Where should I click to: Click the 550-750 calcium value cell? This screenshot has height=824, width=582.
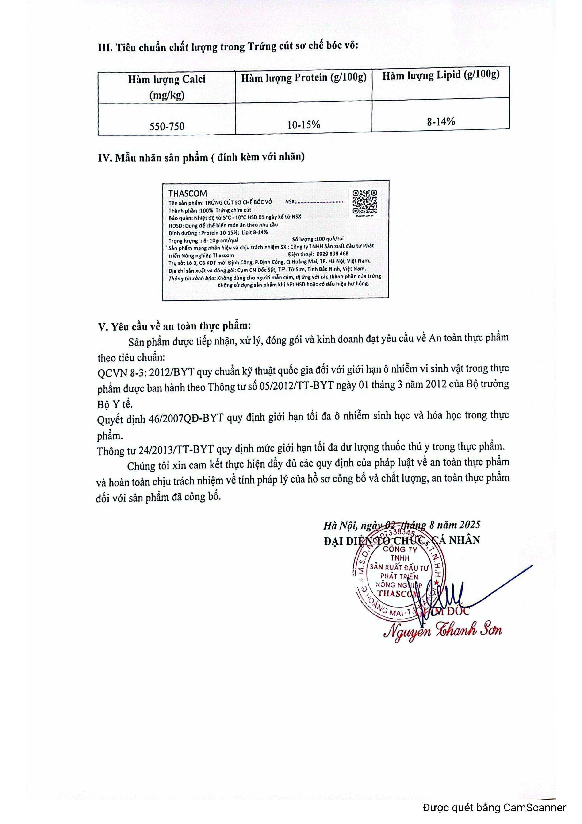click(x=167, y=126)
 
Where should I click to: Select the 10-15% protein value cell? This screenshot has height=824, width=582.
click(x=303, y=124)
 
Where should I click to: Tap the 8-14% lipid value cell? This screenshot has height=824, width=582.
click(x=441, y=122)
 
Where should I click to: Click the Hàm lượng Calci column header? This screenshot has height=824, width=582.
click(x=167, y=87)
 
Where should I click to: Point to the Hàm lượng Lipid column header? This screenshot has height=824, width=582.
click(x=441, y=75)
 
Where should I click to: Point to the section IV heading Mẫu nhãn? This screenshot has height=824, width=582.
click(x=201, y=158)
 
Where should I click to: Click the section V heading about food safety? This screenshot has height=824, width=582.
click(x=174, y=326)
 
